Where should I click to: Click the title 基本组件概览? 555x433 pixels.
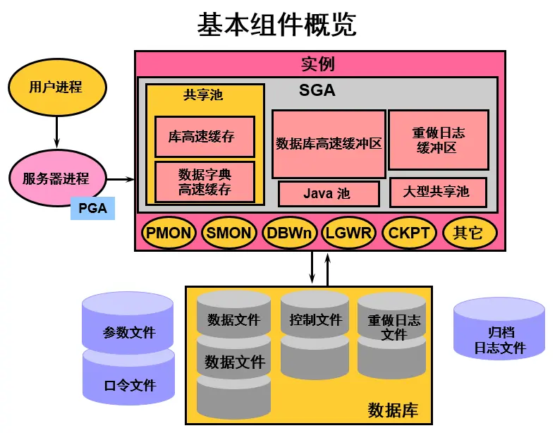tap(276, 24)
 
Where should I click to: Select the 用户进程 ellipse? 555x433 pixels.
tap(56, 87)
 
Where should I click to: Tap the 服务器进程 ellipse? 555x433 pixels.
tap(56, 178)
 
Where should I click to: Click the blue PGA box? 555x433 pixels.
tap(92, 208)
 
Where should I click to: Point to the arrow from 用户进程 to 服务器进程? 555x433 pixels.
tap(56, 133)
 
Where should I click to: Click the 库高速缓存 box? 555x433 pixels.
tap(205, 137)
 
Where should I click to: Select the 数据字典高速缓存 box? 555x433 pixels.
tap(205, 181)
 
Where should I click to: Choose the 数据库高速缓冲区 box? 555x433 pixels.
tap(329, 144)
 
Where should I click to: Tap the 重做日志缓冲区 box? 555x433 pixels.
tap(438, 140)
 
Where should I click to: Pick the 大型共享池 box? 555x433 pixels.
tap(438, 192)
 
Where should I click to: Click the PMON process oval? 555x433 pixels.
tap(169, 233)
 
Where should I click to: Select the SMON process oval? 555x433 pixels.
tap(228, 233)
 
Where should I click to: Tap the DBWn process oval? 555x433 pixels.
tap(288, 233)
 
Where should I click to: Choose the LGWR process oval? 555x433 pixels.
tap(348, 233)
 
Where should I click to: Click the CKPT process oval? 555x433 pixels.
tap(409, 233)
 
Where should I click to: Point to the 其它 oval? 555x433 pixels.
tap(468, 233)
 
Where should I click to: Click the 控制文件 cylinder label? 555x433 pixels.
tap(315, 320)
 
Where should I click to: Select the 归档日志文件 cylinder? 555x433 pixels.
tap(499, 339)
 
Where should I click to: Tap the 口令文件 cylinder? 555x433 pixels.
tap(128, 385)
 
